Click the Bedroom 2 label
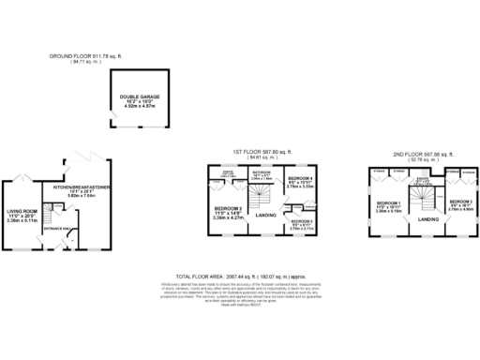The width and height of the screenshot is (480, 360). coord(228,208)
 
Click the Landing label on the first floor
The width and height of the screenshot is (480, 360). coord(265,217)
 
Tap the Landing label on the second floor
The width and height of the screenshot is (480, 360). coord(429,219)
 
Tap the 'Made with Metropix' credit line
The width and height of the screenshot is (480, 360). coord(238,306)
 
